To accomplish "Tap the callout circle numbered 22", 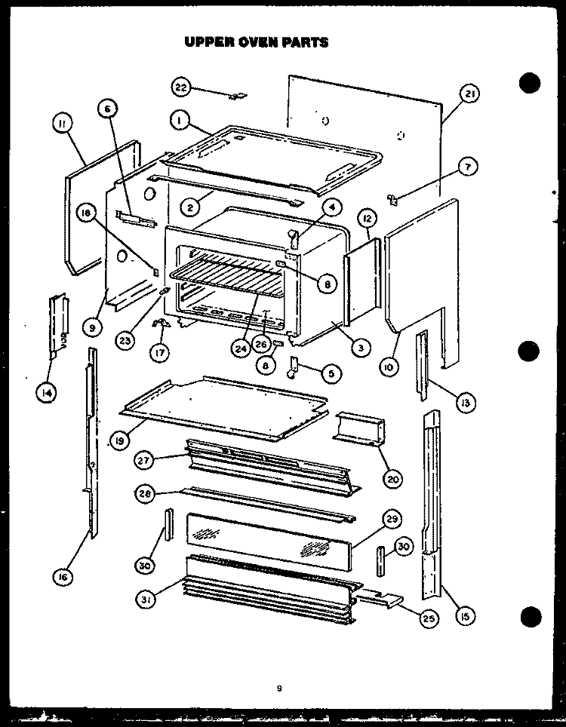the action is [181, 87].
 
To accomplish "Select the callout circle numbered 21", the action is [469, 94].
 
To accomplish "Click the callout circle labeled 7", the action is [468, 167].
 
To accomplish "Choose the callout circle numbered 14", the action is [45, 393].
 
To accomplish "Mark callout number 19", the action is [120, 440].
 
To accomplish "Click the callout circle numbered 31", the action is [145, 600].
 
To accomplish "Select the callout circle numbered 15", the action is [466, 615].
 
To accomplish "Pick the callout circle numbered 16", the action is [63, 577].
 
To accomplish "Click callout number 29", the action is [392, 520].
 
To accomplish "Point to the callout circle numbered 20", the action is [392, 479].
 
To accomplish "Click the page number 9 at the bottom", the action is [279, 689].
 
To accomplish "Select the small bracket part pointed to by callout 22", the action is [239, 96].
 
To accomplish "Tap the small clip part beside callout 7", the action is [392, 199].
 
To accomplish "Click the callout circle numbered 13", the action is [466, 403].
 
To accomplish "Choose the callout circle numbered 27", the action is [143, 460].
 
